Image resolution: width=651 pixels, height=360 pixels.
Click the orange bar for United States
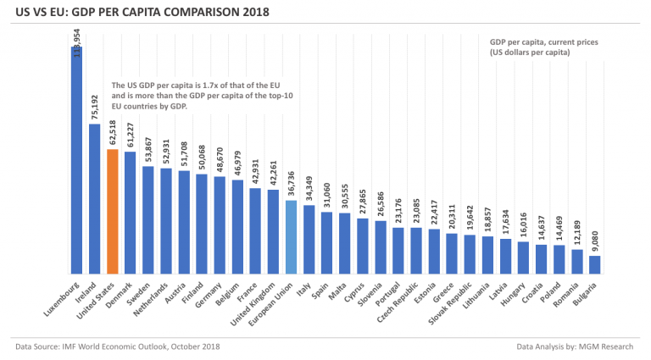112,212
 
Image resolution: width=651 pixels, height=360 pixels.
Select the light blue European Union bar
291,237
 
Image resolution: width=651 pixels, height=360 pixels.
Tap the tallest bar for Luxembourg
76,161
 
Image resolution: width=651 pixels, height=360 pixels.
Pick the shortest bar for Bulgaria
594,264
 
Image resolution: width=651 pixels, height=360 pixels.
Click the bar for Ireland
94,199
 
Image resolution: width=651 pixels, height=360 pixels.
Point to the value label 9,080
594,241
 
